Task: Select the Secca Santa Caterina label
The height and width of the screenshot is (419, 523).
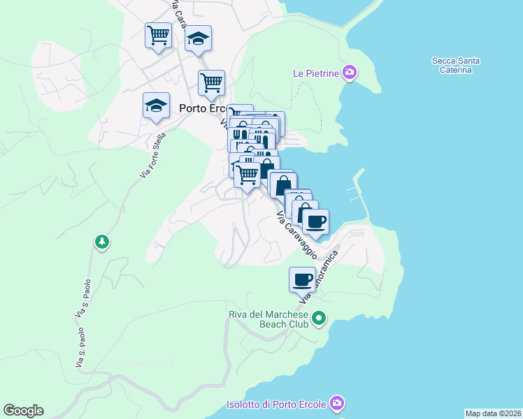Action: (455, 66)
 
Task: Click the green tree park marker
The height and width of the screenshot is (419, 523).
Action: (102, 242)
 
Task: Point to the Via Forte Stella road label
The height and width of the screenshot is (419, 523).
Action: (152, 154)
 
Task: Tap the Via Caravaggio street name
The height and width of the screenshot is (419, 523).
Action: (296, 235)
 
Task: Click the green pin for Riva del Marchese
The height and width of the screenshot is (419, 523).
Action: (319, 319)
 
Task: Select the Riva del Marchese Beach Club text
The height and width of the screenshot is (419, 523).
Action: (268, 319)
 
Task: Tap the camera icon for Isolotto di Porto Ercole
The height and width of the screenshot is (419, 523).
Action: (337, 403)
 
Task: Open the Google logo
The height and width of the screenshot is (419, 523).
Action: (23, 411)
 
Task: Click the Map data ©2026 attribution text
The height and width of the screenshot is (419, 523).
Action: (493, 413)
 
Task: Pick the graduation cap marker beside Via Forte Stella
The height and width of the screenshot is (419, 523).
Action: (156, 105)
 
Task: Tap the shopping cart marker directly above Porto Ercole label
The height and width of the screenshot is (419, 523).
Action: (211, 82)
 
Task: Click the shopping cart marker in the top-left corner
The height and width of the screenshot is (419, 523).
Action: (159, 35)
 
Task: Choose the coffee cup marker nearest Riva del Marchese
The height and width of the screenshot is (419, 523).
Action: (303, 279)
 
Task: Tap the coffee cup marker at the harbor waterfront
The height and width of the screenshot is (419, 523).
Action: (316, 221)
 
